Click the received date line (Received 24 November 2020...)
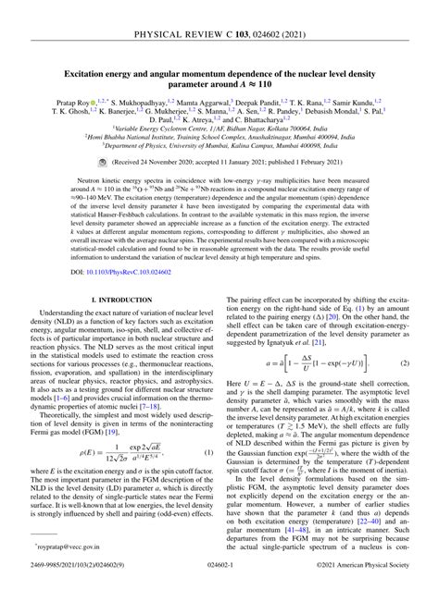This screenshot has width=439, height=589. point(227,161)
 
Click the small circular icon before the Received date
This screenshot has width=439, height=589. point(128,161)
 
